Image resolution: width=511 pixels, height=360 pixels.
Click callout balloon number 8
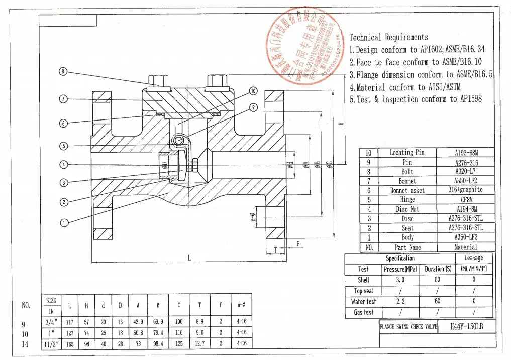click(63, 71)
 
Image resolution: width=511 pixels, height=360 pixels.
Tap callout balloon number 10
click(253, 91)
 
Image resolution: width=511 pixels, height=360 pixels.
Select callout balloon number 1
click(63, 223)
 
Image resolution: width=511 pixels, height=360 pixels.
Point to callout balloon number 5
click(63, 146)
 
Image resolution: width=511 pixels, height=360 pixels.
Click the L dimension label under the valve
click(189, 258)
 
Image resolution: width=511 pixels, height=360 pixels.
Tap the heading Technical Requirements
click(388, 37)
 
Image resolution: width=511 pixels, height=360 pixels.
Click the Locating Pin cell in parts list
click(407, 153)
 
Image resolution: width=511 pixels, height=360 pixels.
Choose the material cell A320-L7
click(466, 171)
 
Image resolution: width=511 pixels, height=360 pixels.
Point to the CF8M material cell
click(466, 199)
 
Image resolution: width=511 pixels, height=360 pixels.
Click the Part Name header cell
click(407, 247)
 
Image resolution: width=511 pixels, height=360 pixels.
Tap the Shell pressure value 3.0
click(400, 280)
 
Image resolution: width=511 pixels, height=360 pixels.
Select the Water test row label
click(363, 301)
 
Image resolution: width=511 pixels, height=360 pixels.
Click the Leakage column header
click(473, 258)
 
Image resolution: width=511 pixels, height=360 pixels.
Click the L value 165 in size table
click(70, 344)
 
